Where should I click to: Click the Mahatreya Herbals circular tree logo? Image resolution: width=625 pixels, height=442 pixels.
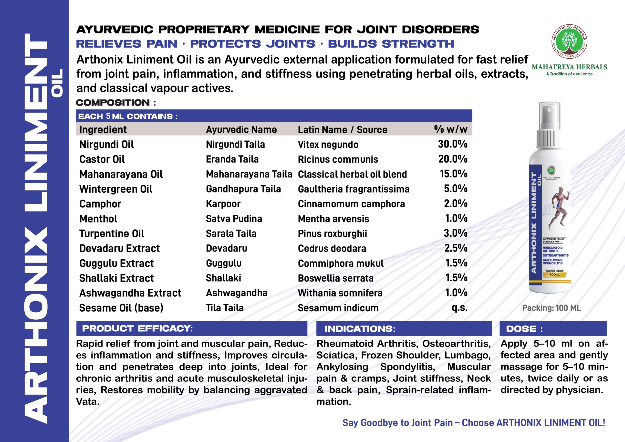(x=569, y=42)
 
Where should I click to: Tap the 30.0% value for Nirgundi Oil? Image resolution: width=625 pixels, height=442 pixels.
(x=453, y=144)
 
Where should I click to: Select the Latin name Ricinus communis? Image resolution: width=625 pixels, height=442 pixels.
(x=338, y=159)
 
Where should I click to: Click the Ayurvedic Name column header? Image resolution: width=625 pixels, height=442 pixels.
(x=241, y=130)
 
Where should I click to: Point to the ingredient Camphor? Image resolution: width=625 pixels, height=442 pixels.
(x=100, y=204)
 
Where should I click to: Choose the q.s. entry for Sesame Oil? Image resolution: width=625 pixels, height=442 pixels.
(x=459, y=308)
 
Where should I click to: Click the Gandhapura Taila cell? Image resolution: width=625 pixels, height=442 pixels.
(x=243, y=189)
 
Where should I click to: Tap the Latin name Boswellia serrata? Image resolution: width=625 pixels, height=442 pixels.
(x=336, y=278)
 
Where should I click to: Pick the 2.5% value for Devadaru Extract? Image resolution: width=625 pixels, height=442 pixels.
(x=456, y=248)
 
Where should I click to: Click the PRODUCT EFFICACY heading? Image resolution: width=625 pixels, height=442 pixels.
(x=137, y=328)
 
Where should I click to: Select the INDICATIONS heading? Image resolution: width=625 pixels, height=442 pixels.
(x=360, y=329)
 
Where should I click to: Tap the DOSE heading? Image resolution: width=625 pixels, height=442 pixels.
(x=524, y=329)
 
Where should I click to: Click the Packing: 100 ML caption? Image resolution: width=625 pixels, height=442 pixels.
(x=552, y=308)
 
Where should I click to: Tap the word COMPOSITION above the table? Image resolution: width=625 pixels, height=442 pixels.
(x=113, y=103)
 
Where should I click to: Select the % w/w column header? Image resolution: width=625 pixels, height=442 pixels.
(x=451, y=129)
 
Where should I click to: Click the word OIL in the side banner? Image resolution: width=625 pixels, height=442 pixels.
(x=57, y=83)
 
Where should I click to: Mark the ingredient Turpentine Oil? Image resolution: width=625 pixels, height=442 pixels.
(x=112, y=234)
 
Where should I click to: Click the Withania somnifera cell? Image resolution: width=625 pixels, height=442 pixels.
(x=340, y=293)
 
